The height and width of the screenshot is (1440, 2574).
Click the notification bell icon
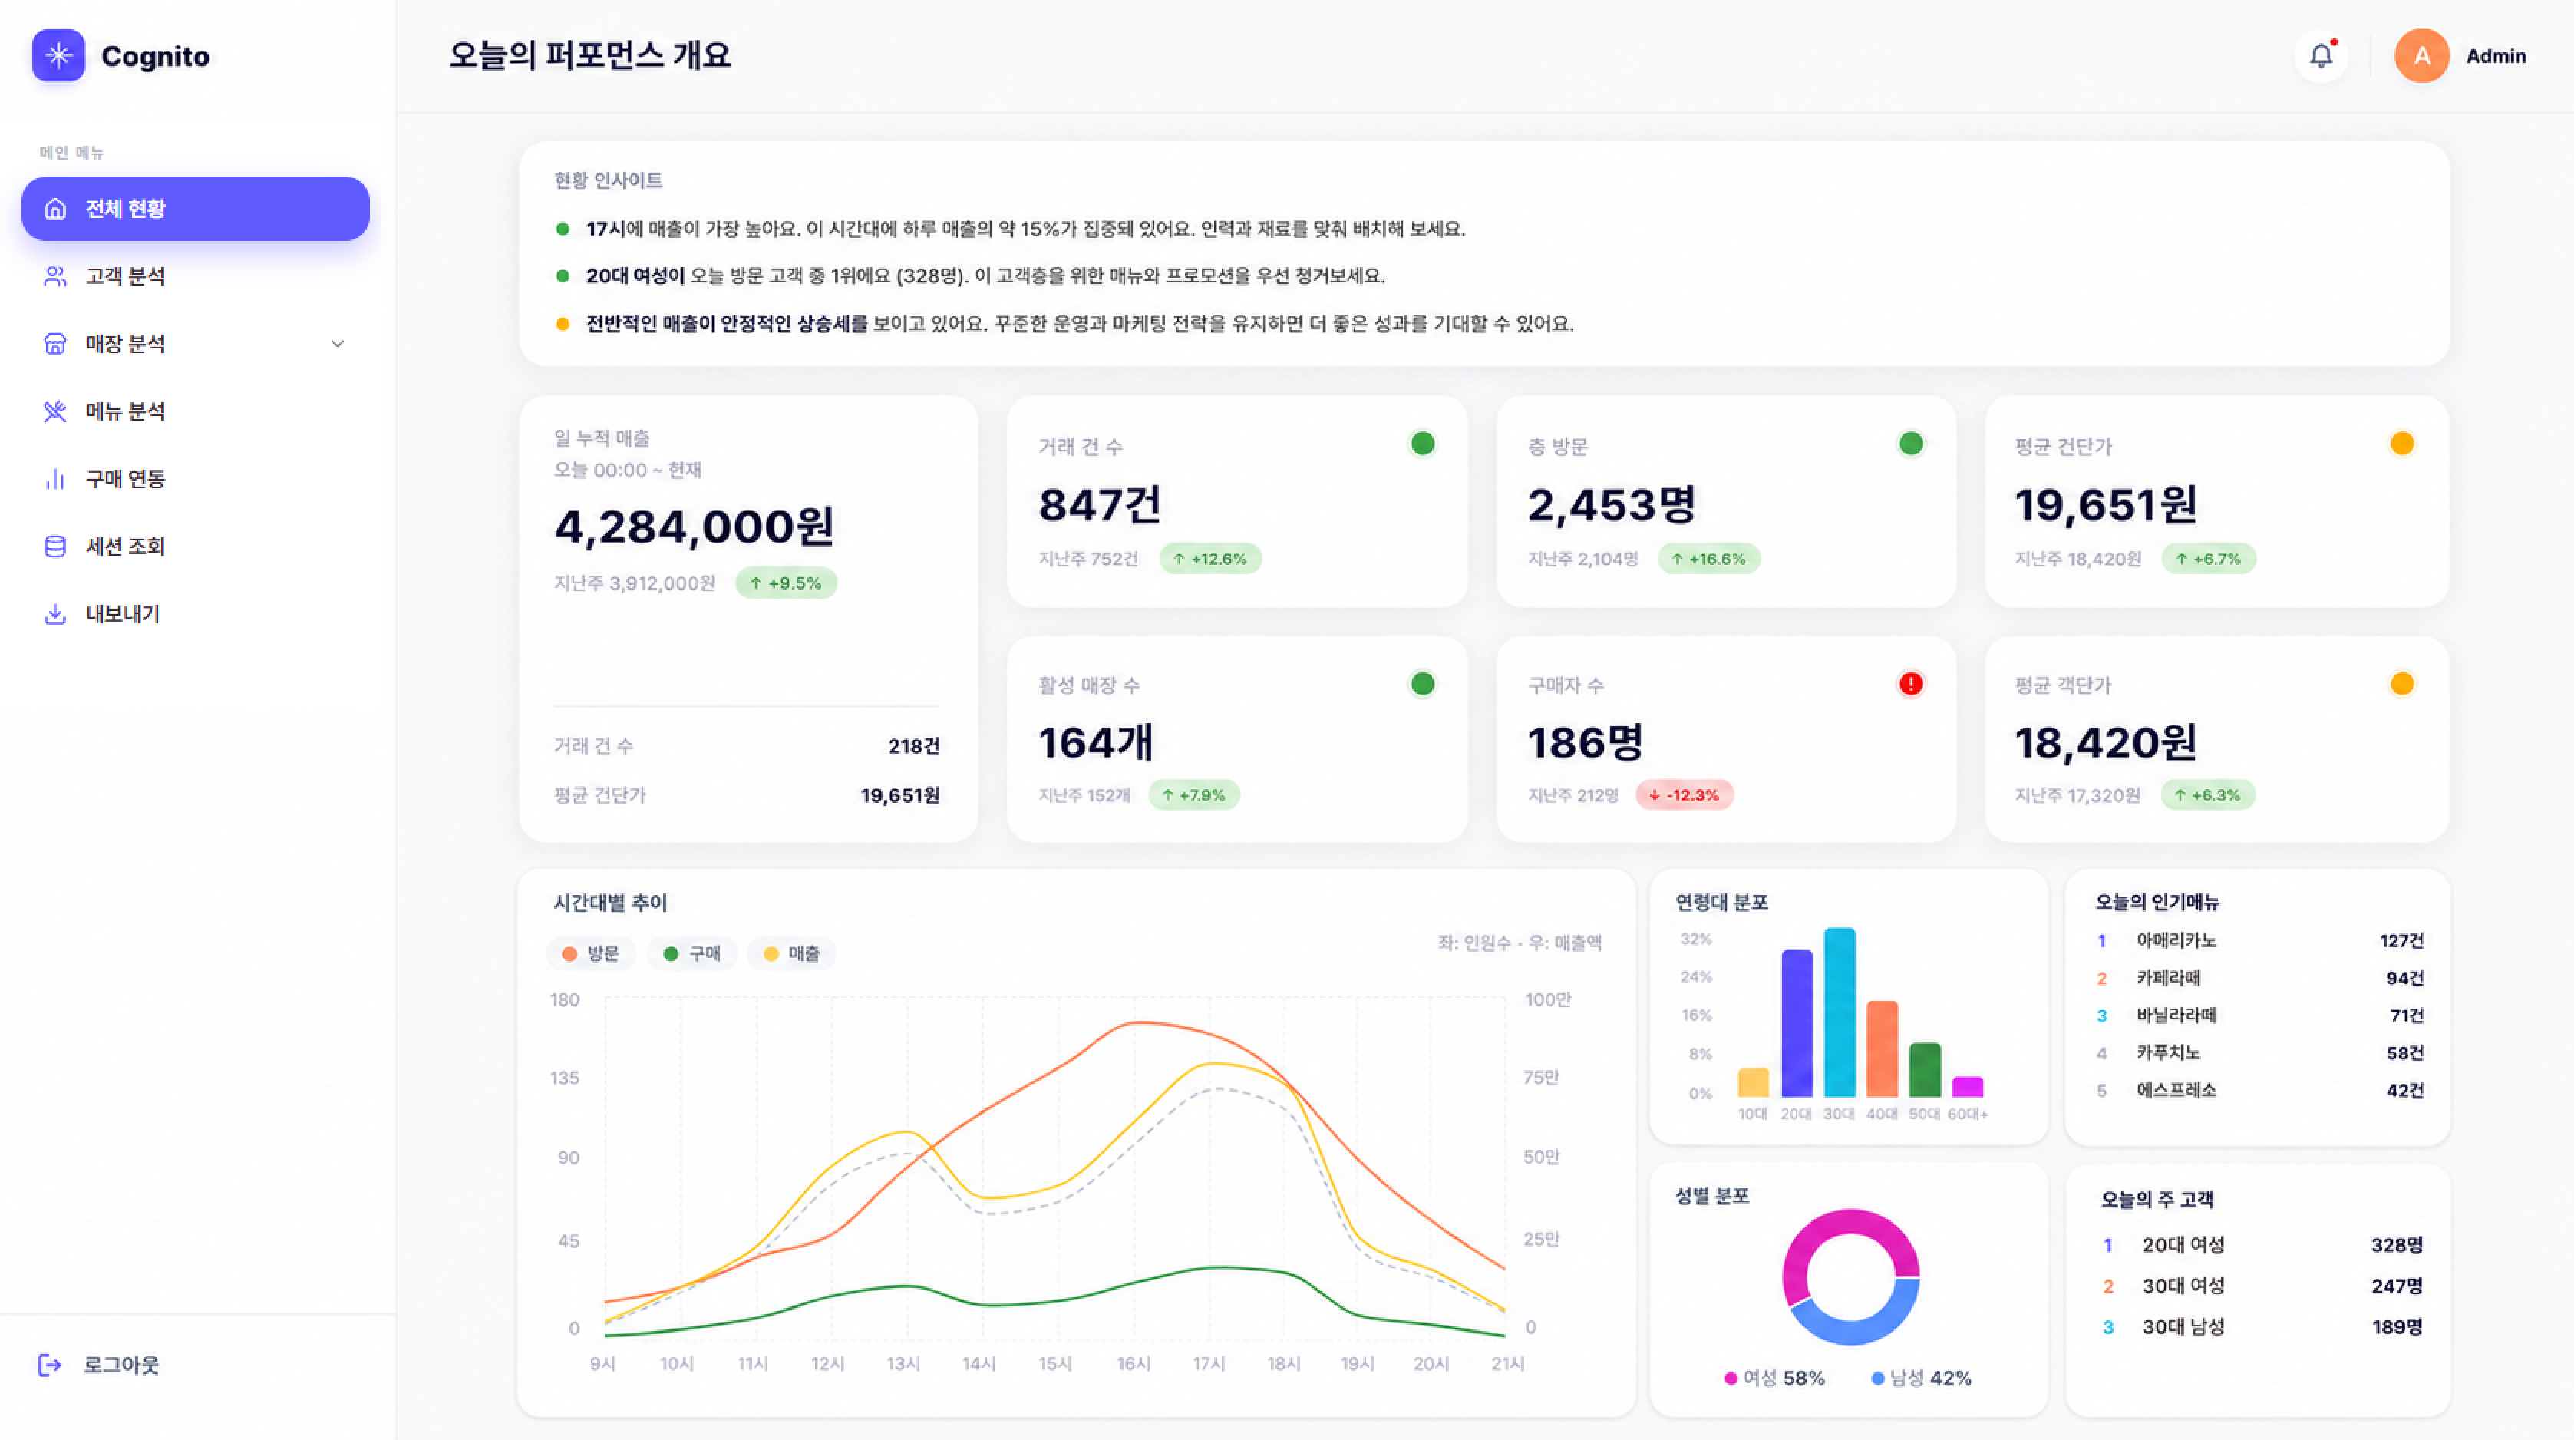coord(2320,55)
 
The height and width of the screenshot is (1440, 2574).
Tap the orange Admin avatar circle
coord(2421,56)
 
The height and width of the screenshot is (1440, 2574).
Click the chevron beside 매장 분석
coord(338,344)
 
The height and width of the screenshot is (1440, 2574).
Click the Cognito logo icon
coord(58,55)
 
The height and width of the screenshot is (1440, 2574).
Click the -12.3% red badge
coord(1685,794)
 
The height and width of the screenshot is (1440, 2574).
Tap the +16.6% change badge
coord(1708,559)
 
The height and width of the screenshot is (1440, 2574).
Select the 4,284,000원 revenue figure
coord(695,526)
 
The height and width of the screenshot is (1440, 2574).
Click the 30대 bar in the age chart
coord(1840,1012)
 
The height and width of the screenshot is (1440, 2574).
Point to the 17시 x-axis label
coord(1209,1363)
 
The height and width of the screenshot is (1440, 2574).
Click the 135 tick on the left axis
coord(565,1077)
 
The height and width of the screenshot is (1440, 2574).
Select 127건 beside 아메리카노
coord(2401,940)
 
